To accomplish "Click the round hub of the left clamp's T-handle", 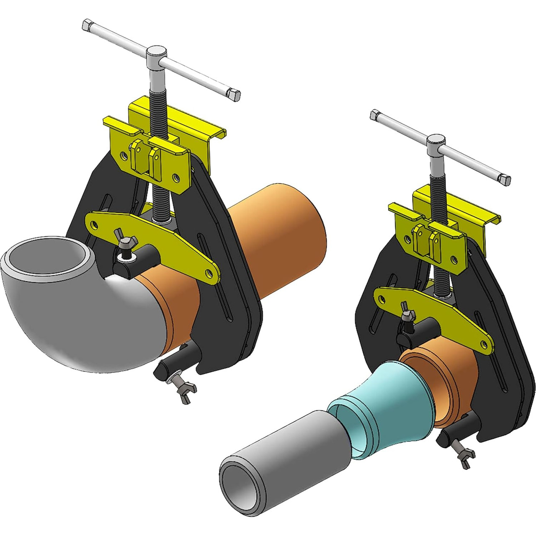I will coord(156,52).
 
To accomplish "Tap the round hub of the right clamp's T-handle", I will coord(436,142).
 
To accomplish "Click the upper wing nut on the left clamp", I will coord(124,243).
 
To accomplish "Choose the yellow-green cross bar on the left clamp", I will coord(151,239).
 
